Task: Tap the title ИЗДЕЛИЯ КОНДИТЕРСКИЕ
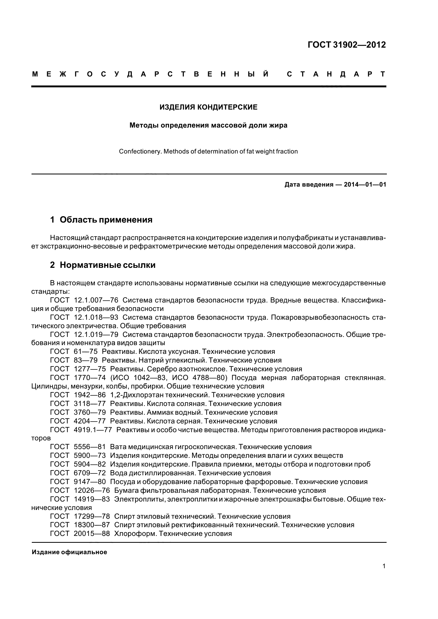coord(208,107)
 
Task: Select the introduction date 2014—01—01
coord(365,185)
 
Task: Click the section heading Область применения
coord(106,220)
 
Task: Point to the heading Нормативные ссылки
coord(107,265)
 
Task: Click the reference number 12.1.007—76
coord(96,300)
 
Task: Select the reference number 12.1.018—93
coord(96,317)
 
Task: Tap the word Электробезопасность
coord(304,335)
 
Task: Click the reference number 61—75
coord(86,351)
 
